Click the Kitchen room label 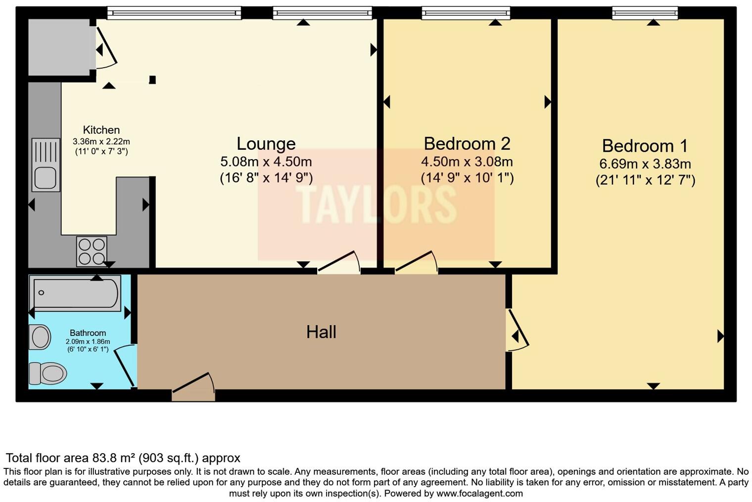[x=101, y=130]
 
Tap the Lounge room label [x=266, y=144]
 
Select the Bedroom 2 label [x=467, y=144]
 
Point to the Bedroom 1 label [x=645, y=146]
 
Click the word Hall [x=321, y=332]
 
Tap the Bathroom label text [x=88, y=333]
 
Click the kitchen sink [x=46, y=165]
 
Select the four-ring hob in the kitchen [x=92, y=251]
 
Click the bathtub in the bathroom [x=75, y=293]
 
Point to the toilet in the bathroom [x=47, y=373]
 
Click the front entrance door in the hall [x=193, y=388]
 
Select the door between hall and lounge [x=339, y=263]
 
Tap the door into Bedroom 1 [x=517, y=330]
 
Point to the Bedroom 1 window [x=645, y=13]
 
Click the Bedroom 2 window [x=466, y=13]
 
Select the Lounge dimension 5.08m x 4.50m [x=266, y=162]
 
